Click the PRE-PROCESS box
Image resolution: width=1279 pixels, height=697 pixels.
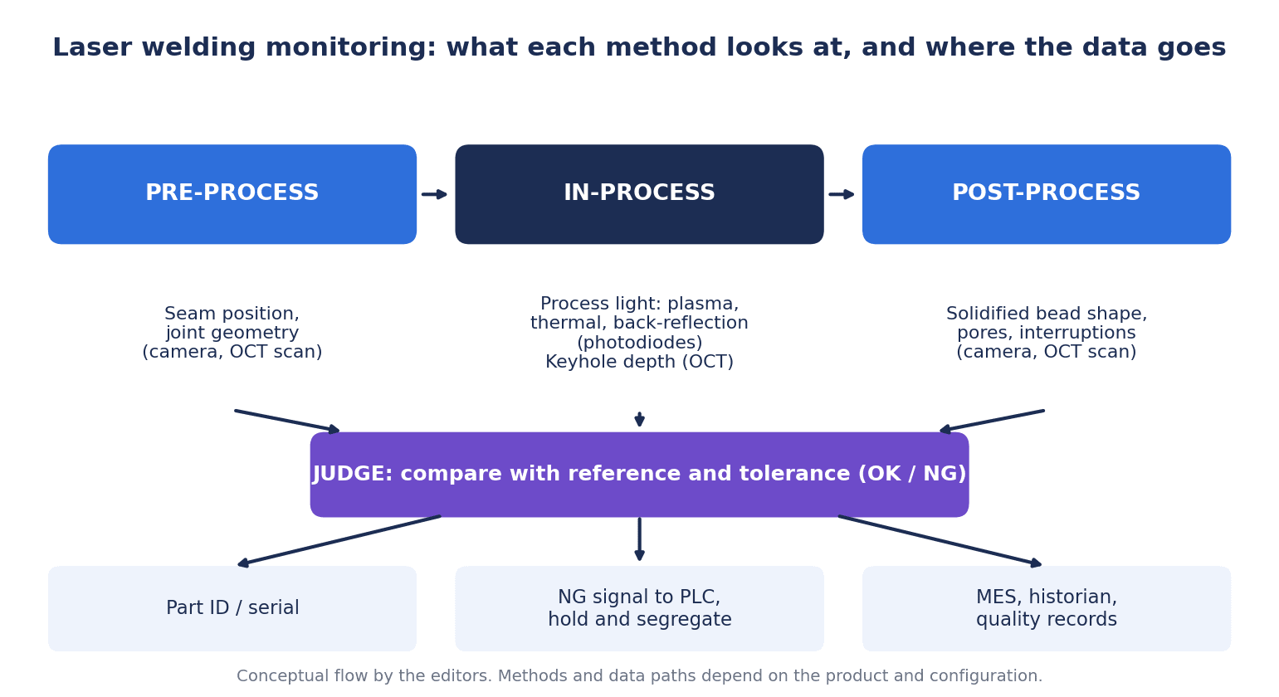(232, 194)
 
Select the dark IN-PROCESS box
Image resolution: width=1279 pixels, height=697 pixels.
(639, 194)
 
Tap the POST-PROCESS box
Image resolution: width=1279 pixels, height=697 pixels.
(1047, 194)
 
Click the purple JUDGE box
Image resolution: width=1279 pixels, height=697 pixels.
(639, 475)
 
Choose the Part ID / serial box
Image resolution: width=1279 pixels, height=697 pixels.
(232, 608)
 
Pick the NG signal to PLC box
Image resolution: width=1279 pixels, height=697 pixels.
(639, 608)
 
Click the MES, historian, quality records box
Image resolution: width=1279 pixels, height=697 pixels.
(1047, 608)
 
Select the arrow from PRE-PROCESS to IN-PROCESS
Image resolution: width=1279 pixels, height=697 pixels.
(435, 194)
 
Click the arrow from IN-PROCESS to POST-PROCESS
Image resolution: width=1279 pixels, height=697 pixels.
(842, 194)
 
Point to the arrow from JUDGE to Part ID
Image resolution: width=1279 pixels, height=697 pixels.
(339, 541)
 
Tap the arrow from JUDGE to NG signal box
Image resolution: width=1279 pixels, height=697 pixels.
(639, 539)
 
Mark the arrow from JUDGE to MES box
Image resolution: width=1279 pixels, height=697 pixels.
(940, 541)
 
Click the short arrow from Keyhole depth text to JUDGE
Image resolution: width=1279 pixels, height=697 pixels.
(639, 419)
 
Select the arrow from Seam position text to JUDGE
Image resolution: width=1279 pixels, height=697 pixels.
(287, 422)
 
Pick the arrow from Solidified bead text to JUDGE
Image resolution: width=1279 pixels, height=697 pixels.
(992, 422)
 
